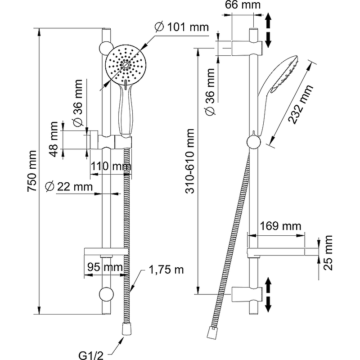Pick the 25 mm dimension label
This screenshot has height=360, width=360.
pyautogui.click(x=328, y=252)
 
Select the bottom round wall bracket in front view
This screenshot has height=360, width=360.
pyautogui.click(x=106, y=294)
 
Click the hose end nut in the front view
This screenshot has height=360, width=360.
pyautogui.click(x=126, y=329)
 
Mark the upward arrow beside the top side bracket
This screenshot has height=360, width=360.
pyautogui.click(x=269, y=20)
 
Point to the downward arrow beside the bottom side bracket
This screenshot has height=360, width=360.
pyautogui.click(x=269, y=303)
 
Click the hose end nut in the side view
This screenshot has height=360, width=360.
pyautogui.click(x=210, y=333)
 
